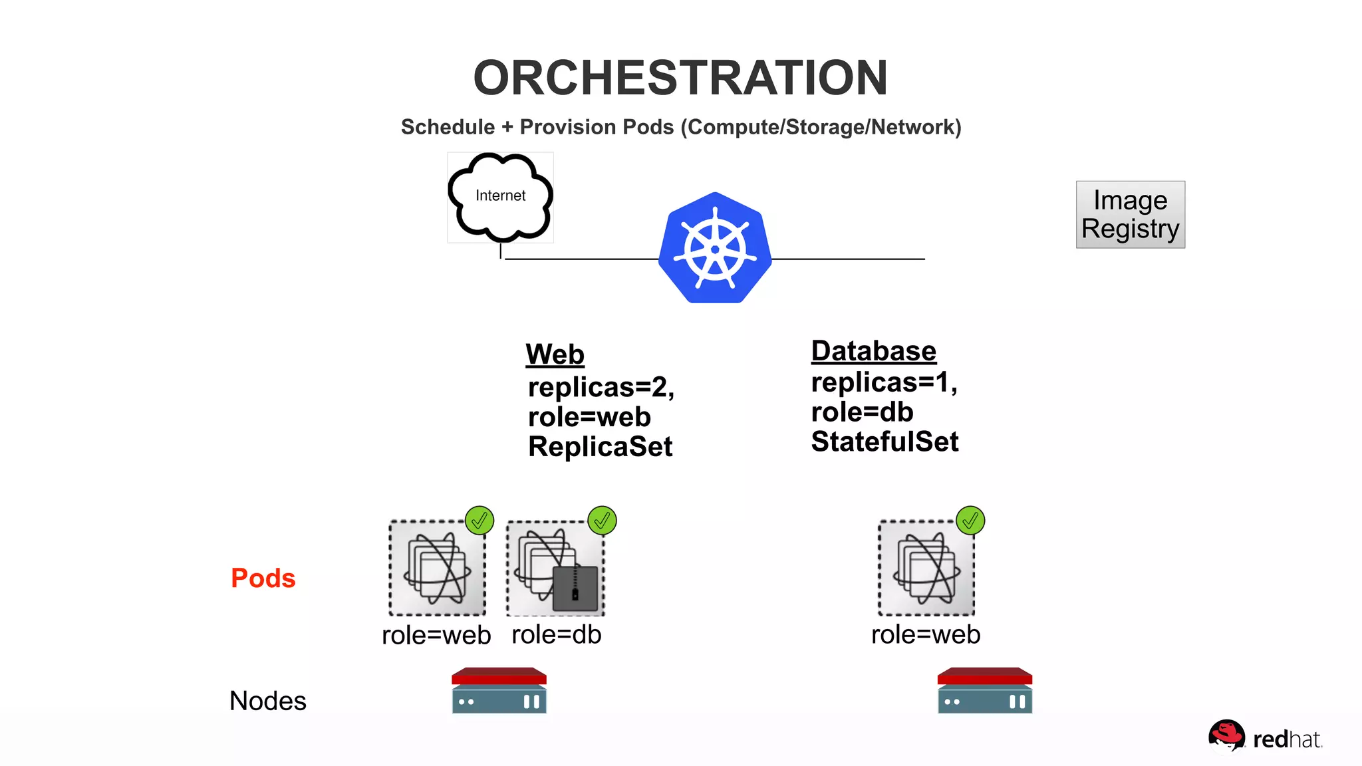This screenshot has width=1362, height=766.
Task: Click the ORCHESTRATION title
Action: click(x=680, y=78)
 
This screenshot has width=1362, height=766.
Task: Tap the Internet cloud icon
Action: click(x=500, y=197)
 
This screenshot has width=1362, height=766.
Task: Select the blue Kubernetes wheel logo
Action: click(x=715, y=249)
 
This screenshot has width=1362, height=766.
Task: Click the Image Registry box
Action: click(x=1130, y=215)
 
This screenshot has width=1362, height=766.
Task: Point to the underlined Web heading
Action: click(x=555, y=354)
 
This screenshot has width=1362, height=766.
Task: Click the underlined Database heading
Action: click(x=873, y=351)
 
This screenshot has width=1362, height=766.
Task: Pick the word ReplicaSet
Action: click(x=600, y=447)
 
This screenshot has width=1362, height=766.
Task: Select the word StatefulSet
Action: click(x=885, y=442)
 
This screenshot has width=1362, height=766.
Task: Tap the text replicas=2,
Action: click(x=601, y=387)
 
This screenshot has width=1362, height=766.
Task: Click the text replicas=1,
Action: click(x=884, y=382)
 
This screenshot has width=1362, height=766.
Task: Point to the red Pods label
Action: click(x=263, y=578)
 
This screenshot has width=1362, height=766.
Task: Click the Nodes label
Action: click(x=267, y=701)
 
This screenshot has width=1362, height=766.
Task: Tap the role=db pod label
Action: click(x=556, y=634)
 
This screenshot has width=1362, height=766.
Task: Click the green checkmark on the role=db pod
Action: click(x=602, y=521)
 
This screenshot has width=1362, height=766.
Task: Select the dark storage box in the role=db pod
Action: click(x=575, y=588)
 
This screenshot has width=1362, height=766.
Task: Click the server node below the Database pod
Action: click(x=984, y=691)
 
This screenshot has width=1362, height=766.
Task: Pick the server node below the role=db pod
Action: click(x=499, y=691)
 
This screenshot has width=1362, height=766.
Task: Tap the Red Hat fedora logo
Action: click(x=1226, y=735)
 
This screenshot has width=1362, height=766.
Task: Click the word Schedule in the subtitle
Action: click(x=448, y=127)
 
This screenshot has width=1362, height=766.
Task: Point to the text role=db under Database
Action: click(x=862, y=412)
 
